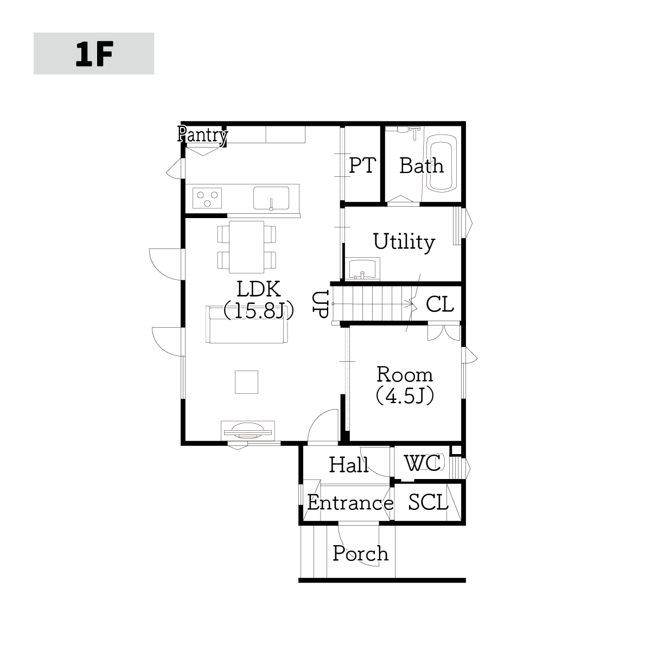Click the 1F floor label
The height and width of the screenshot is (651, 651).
(94, 54)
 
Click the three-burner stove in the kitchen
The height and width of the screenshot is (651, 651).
(207, 198)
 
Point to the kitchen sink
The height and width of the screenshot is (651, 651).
(271, 198)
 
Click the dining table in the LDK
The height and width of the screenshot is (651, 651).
(247, 247)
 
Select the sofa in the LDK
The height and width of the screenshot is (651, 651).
(247, 324)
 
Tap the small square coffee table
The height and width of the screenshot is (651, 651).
(247, 382)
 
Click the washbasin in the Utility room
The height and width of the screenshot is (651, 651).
(362, 269)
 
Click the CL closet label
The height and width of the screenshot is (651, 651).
(439, 304)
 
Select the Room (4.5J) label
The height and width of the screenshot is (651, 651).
(405, 385)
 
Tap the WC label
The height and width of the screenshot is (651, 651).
(423, 463)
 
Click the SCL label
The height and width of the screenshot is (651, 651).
(428, 502)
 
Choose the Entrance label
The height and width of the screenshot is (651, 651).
(350, 503)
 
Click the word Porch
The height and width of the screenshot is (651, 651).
(360, 554)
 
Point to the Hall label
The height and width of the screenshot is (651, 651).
(349, 464)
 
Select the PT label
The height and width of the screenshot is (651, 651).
(362, 165)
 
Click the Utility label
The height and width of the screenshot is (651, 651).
(404, 242)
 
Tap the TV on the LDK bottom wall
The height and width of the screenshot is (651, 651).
(247, 431)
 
